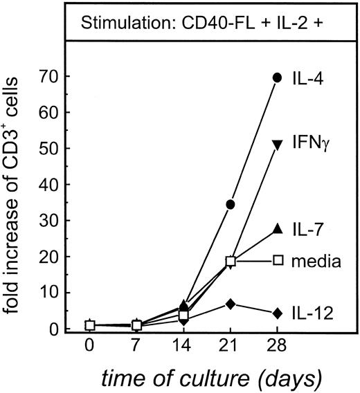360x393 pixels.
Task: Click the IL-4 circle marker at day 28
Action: (x=278, y=77)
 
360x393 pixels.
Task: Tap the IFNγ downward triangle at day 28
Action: (x=278, y=144)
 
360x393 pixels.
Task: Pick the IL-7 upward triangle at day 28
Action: (x=278, y=228)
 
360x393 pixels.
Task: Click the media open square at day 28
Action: (x=278, y=260)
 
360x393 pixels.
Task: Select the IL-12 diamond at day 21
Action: (x=230, y=304)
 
